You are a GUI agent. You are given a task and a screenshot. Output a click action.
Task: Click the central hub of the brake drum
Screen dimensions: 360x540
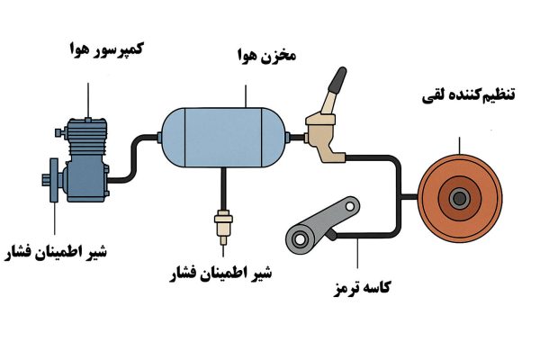pos(460,198)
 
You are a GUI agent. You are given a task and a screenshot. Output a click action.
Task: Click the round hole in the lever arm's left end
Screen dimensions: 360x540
pos(296,238)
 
